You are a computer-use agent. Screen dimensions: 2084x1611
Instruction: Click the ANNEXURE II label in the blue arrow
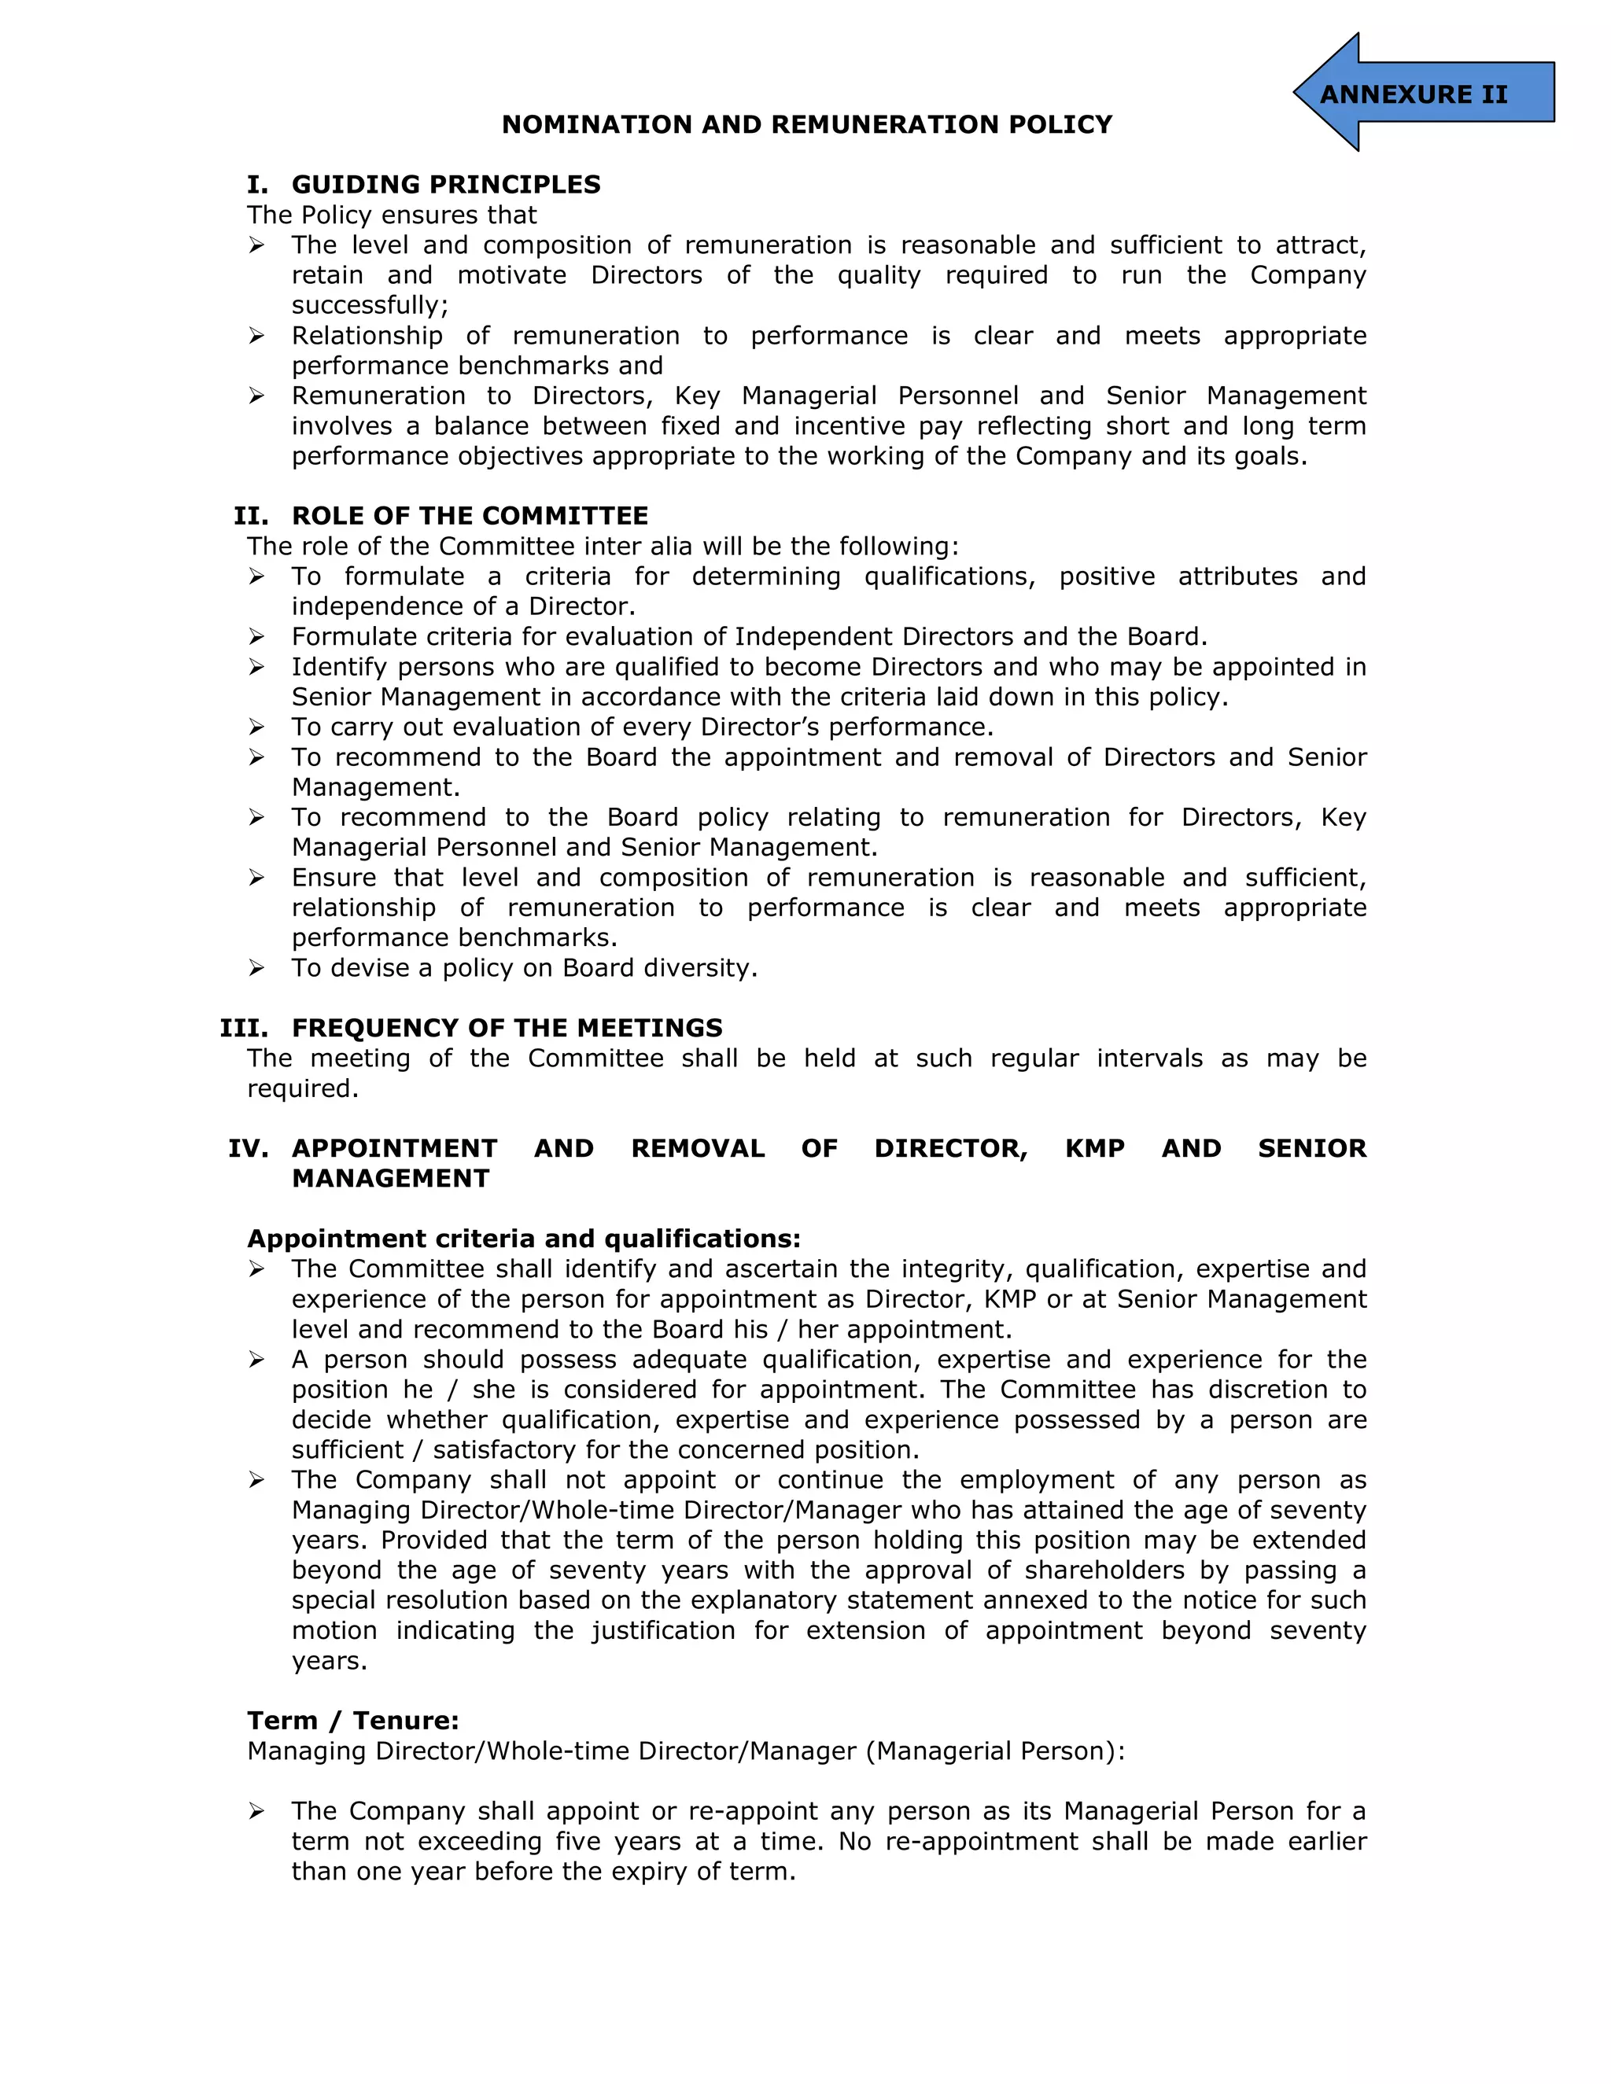[1414, 94]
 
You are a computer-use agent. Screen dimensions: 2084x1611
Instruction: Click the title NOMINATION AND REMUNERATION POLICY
[806, 125]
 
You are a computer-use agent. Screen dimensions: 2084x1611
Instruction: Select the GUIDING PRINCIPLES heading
[446, 184]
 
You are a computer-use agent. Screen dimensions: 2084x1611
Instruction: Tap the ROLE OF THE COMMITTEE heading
[470, 515]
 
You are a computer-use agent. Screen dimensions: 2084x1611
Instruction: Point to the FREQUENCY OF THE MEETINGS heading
[507, 1028]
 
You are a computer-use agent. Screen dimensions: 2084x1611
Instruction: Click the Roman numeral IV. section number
[248, 1148]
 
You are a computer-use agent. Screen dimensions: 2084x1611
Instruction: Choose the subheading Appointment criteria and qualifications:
[524, 1239]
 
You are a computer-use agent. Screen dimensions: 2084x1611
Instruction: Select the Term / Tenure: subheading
[353, 1721]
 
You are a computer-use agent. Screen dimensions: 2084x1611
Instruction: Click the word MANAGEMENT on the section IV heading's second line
[390, 1179]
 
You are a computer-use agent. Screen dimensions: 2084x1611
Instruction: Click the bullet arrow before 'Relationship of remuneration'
[256, 336]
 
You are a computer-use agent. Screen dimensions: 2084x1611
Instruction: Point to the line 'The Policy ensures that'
[391, 215]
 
